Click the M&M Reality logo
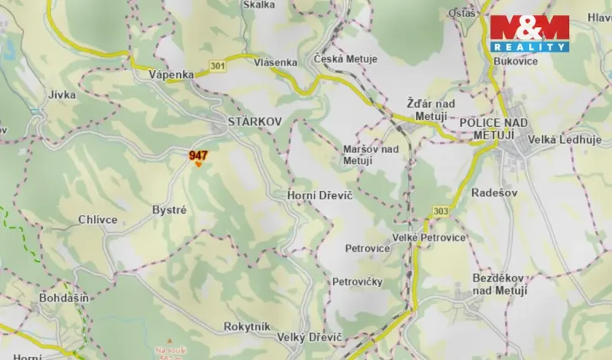(x=530, y=32)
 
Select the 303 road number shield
(x=441, y=211)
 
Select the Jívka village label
(x=62, y=95)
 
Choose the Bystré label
(x=169, y=209)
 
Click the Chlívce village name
(x=98, y=220)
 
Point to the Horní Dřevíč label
(x=319, y=198)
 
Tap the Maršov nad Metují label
(x=371, y=155)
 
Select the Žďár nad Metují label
(x=431, y=108)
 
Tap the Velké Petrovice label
(x=429, y=238)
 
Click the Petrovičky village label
(x=358, y=282)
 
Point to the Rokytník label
(x=247, y=327)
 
